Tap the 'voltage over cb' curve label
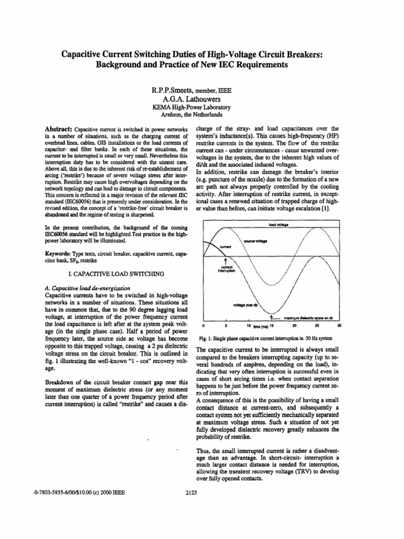pyautogui.click(x=245, y=305)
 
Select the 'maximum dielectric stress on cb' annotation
pyautogui.click(x=311, y=318)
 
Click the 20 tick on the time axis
pyautogui.click(x=295, y=325)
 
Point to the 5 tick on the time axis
pyautogui.click(x=225, y=325)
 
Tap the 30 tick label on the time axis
pyautogui.click(x=339, y=325)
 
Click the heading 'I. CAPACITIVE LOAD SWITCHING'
pyautogui.click(x=116, y=274)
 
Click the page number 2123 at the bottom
pyautogui.click(x=191, y=493)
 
